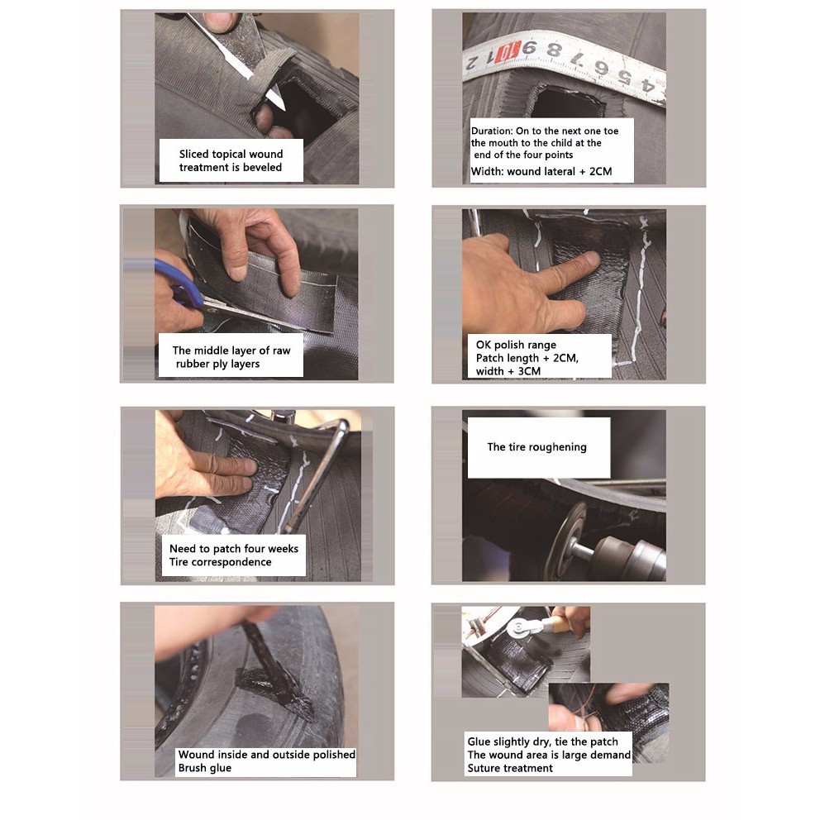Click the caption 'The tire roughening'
point(536,447)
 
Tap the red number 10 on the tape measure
point(508,52)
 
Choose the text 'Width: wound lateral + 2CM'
point(541,172)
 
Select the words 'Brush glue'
point(204,768)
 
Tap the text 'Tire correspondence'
point(220,562)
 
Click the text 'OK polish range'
point(516,345)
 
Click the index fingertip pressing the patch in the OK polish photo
point(592,259)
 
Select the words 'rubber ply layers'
point(217,364)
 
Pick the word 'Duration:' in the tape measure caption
point(492,131)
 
